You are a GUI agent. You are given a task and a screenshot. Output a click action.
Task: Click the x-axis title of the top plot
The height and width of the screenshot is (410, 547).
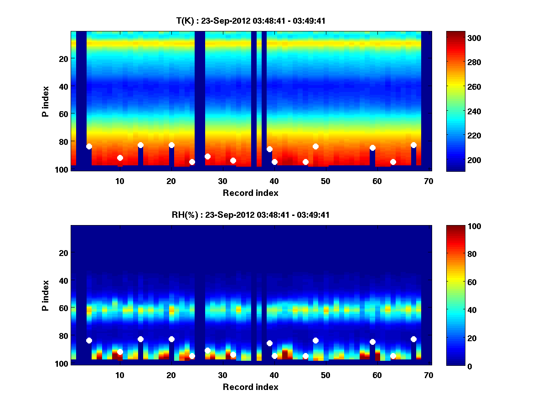(x=250, y=193)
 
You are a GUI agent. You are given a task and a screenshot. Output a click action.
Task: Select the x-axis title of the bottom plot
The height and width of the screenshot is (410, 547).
(x=250, y=387)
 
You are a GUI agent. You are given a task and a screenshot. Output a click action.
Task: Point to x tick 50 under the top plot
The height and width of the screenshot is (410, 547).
(x=325, y=181)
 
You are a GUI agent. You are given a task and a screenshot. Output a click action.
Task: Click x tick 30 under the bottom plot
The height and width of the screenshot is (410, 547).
(x=222, y=375)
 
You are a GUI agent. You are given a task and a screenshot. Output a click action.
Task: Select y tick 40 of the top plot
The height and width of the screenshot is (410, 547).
(x=63, y=86)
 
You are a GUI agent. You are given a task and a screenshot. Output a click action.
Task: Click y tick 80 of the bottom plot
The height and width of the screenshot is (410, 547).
(x=63, y=336)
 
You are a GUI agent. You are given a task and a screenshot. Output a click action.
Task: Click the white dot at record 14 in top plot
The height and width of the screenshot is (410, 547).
(x=140, y=145)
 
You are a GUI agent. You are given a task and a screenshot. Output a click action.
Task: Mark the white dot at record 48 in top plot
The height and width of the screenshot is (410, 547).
(x=315, y=146)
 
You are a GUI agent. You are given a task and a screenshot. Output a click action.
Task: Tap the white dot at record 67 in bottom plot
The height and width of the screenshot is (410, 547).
(x=413, y=339)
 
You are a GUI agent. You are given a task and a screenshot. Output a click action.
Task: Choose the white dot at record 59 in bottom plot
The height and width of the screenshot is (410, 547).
(x=372, y=342)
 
